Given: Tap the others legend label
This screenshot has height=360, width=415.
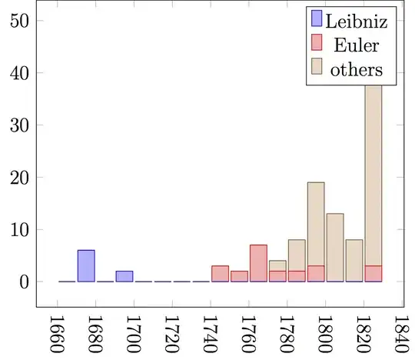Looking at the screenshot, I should (356, 70).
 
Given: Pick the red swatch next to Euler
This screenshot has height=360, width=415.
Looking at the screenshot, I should (317, 45).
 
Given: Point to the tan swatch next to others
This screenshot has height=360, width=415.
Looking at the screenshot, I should (317, 70).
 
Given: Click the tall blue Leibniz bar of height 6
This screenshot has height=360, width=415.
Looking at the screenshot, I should (86, 266).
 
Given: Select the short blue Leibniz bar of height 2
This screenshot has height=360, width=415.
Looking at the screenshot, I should (124, 276).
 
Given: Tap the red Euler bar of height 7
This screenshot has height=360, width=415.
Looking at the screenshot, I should (258, 263).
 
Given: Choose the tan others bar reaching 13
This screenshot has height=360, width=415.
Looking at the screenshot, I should (335, 247).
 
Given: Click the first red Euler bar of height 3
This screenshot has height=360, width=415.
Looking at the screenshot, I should (220, 274).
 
